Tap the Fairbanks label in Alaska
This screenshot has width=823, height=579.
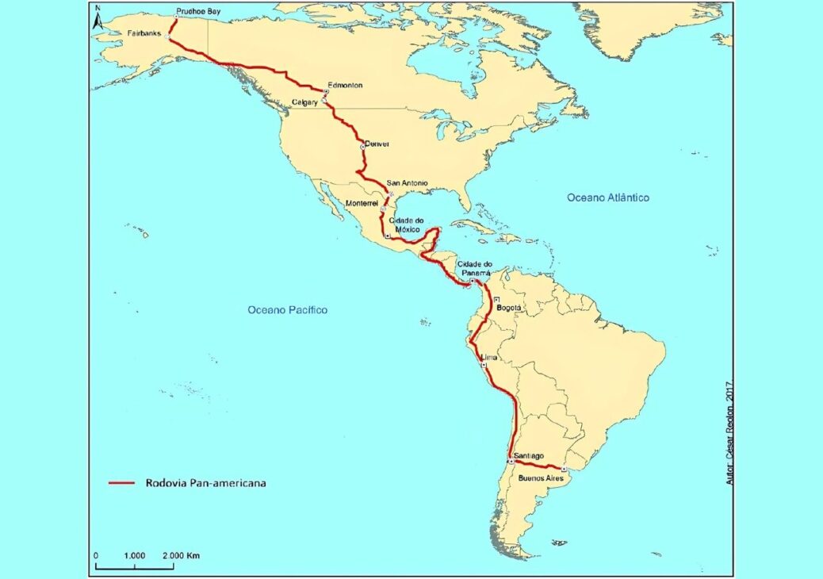click(144, 33)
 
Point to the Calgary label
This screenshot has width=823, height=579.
click(304, 102)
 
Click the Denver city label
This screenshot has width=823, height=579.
click(378, 144)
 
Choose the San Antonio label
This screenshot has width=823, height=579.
click(408, 183)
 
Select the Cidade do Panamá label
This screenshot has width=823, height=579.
click(475, 268)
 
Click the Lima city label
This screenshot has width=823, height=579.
click(489, 358)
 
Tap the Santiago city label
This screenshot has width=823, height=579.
click(528, 455)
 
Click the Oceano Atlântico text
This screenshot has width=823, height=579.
click(608, 197)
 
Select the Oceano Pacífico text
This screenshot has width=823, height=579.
click(287, 310)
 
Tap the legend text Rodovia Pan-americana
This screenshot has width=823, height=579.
click(205, 482)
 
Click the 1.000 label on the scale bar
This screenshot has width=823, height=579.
click(134, 556)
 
